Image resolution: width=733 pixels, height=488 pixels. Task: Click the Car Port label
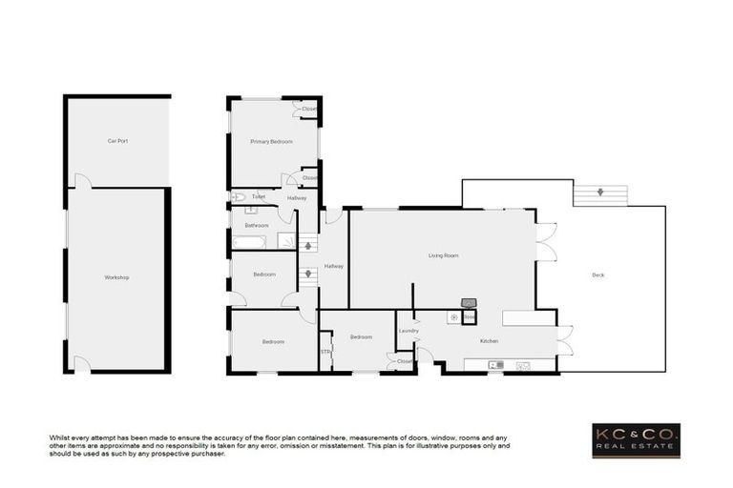(117, 141)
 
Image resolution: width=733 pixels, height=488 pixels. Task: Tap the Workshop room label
(116, 277)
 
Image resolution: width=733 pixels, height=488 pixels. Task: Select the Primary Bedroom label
(271, 142)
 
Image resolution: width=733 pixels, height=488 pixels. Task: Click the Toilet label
(259, 197)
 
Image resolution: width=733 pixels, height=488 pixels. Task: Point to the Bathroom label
(257, 226)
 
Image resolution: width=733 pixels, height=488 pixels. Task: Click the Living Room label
(443, 255)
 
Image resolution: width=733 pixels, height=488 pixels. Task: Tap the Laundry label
(408, 331)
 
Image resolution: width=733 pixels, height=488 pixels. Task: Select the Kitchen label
(489, 340)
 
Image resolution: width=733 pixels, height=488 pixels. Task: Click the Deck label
(598, 274)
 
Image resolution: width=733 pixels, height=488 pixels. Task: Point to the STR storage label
(325, 352)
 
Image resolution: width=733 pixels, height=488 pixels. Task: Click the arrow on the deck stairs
(600, 193)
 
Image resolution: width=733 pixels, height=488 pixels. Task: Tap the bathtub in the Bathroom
(250, 242)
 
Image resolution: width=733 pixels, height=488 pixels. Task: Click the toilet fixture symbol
(238, 197)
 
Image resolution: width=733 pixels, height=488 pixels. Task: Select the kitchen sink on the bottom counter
(495, 365)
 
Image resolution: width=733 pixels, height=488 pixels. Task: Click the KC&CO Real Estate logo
(636, 440)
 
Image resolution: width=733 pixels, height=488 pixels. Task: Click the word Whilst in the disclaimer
(60, 437)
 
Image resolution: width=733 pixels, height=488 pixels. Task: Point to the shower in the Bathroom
(286, 240)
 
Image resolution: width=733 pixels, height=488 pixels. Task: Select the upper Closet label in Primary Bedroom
(309, 110)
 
